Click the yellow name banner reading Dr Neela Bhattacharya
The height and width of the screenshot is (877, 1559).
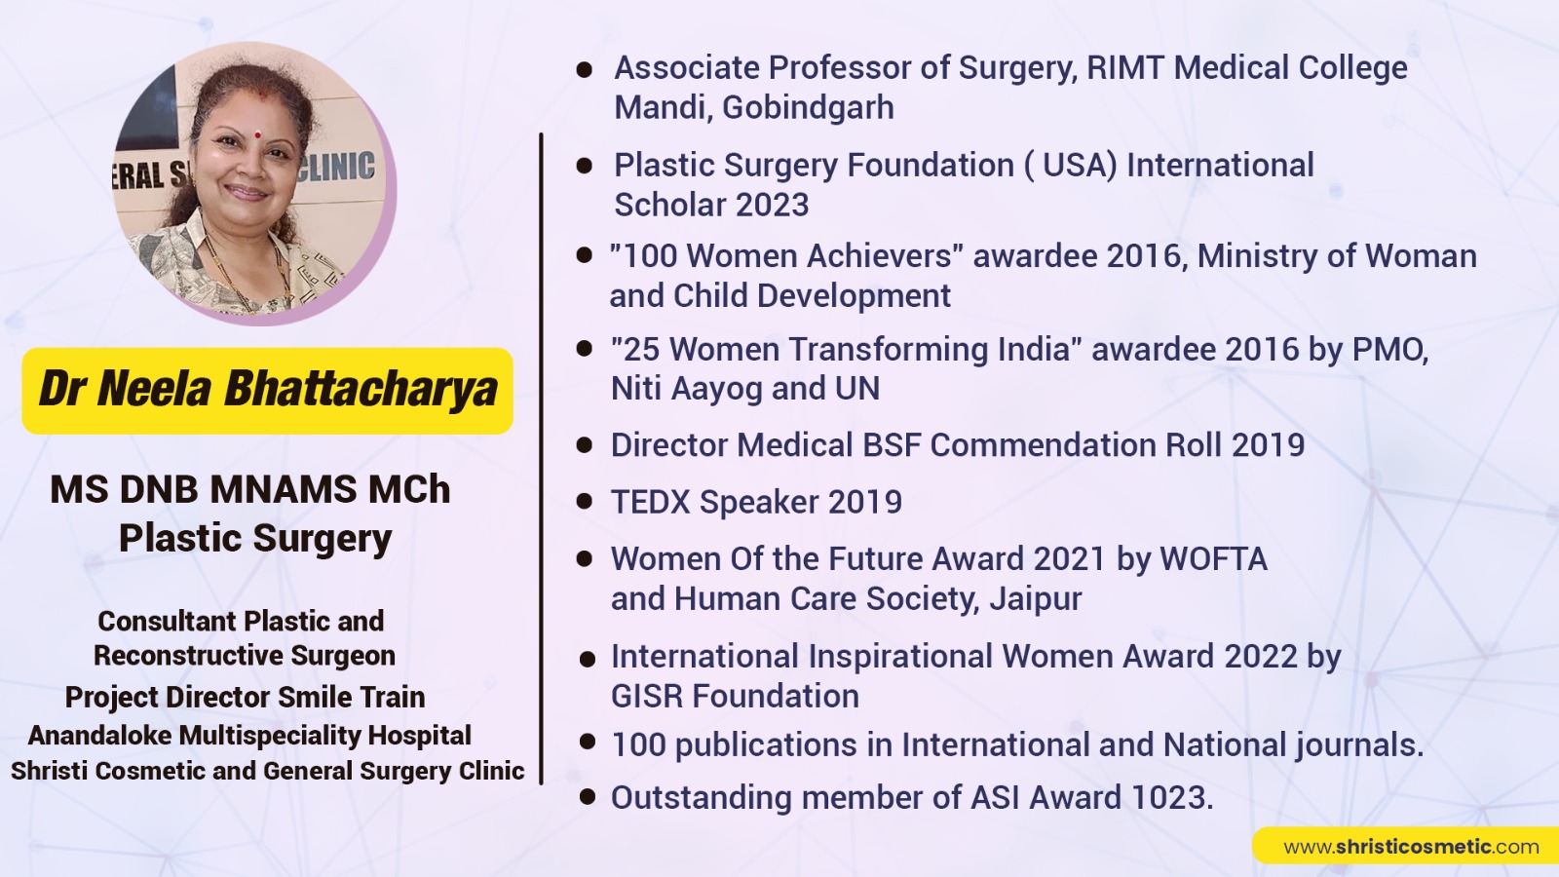tap(267, 391)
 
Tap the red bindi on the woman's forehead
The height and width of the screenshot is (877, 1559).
tap(257, 134)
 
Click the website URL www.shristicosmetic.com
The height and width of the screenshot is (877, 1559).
tap(1411, 847)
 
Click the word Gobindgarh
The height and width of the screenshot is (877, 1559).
tap(808, 108)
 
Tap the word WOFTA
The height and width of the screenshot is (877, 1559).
tap(1213, 559)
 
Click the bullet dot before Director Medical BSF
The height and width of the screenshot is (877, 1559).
tap(585, 444)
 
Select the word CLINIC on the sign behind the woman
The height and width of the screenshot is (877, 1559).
tap(335, 167)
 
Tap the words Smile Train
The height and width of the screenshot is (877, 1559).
tap(352, 697)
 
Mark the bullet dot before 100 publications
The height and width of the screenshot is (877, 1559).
tap(588, 742)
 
